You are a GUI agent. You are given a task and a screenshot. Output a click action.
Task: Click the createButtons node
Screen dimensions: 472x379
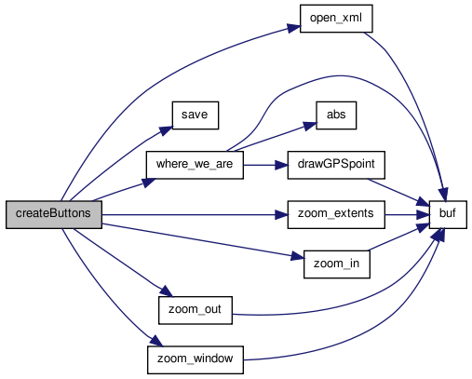click(x=54, y=214)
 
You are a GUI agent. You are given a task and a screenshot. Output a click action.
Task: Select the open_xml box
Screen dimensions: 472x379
click(x=336, y=19)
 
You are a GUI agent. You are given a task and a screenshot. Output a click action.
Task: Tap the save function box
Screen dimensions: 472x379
click(x=196, y=115)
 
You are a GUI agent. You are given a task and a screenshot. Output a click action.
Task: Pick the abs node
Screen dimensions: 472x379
click(x=336, y=115)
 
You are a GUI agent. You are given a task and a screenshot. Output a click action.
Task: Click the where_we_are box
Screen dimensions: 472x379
click(x=195, y=165)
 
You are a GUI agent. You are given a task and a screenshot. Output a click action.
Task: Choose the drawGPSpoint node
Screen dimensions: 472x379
click(x=336, y=165)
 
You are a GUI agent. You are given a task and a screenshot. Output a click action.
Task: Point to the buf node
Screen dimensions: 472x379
click(x=448, y=214)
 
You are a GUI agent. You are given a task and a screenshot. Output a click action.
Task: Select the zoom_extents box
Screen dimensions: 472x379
click(x=336, y=214)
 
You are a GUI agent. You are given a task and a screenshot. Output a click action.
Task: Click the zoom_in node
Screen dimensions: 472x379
click(x=337, y=264)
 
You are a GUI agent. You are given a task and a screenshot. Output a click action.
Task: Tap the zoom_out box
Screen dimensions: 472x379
click(x=196, y=310)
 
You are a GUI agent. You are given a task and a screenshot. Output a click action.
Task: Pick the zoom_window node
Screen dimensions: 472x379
click(x=196, y=359)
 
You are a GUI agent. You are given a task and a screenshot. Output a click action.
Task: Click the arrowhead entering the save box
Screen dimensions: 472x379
click(x=166, y=130)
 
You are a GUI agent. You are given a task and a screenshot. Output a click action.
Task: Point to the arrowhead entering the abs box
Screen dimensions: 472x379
click(x=310, y=126)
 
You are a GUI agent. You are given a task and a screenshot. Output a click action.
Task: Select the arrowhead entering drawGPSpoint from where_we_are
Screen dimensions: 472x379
click(x=281, y=165)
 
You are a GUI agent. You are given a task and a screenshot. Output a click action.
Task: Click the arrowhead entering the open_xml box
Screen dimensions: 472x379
click(x=293, y=28)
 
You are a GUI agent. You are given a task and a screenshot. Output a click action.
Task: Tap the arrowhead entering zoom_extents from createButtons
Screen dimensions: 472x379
click(x=281, y=215)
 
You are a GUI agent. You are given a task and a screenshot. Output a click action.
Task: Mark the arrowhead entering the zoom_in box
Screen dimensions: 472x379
click(x=297, y=256)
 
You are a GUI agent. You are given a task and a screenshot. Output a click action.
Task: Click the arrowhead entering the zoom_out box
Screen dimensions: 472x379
click(x=166, y=291)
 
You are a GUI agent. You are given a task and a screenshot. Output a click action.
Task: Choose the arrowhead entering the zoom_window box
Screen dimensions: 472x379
click(x=156, y=341)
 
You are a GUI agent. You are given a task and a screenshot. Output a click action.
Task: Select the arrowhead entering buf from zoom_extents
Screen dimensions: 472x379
click(x=423, y=215)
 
